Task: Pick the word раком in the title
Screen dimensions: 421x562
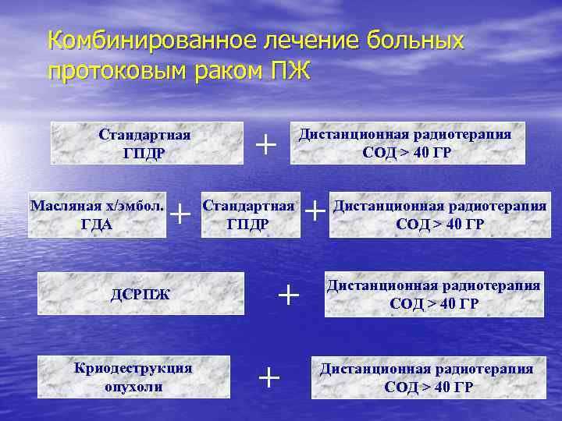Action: click(x=223, y=71)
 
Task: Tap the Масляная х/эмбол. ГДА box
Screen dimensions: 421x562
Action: click(x=97, y=215)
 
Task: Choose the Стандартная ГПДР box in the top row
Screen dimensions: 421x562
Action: click(x=147, y=143)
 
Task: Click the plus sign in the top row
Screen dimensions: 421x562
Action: click(x=266, y=143)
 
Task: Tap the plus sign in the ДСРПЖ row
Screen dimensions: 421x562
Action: click(x=289, y=294)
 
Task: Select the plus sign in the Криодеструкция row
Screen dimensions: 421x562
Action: click(x=269, y=377)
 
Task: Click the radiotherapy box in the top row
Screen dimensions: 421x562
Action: click(x=407, y=142)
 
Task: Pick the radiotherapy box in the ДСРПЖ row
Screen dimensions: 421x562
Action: click(x=434, y=294)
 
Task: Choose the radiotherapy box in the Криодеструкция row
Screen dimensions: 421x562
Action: click(x=427, y=377)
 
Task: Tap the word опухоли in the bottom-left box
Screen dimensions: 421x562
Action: click(x=132, y=386)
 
